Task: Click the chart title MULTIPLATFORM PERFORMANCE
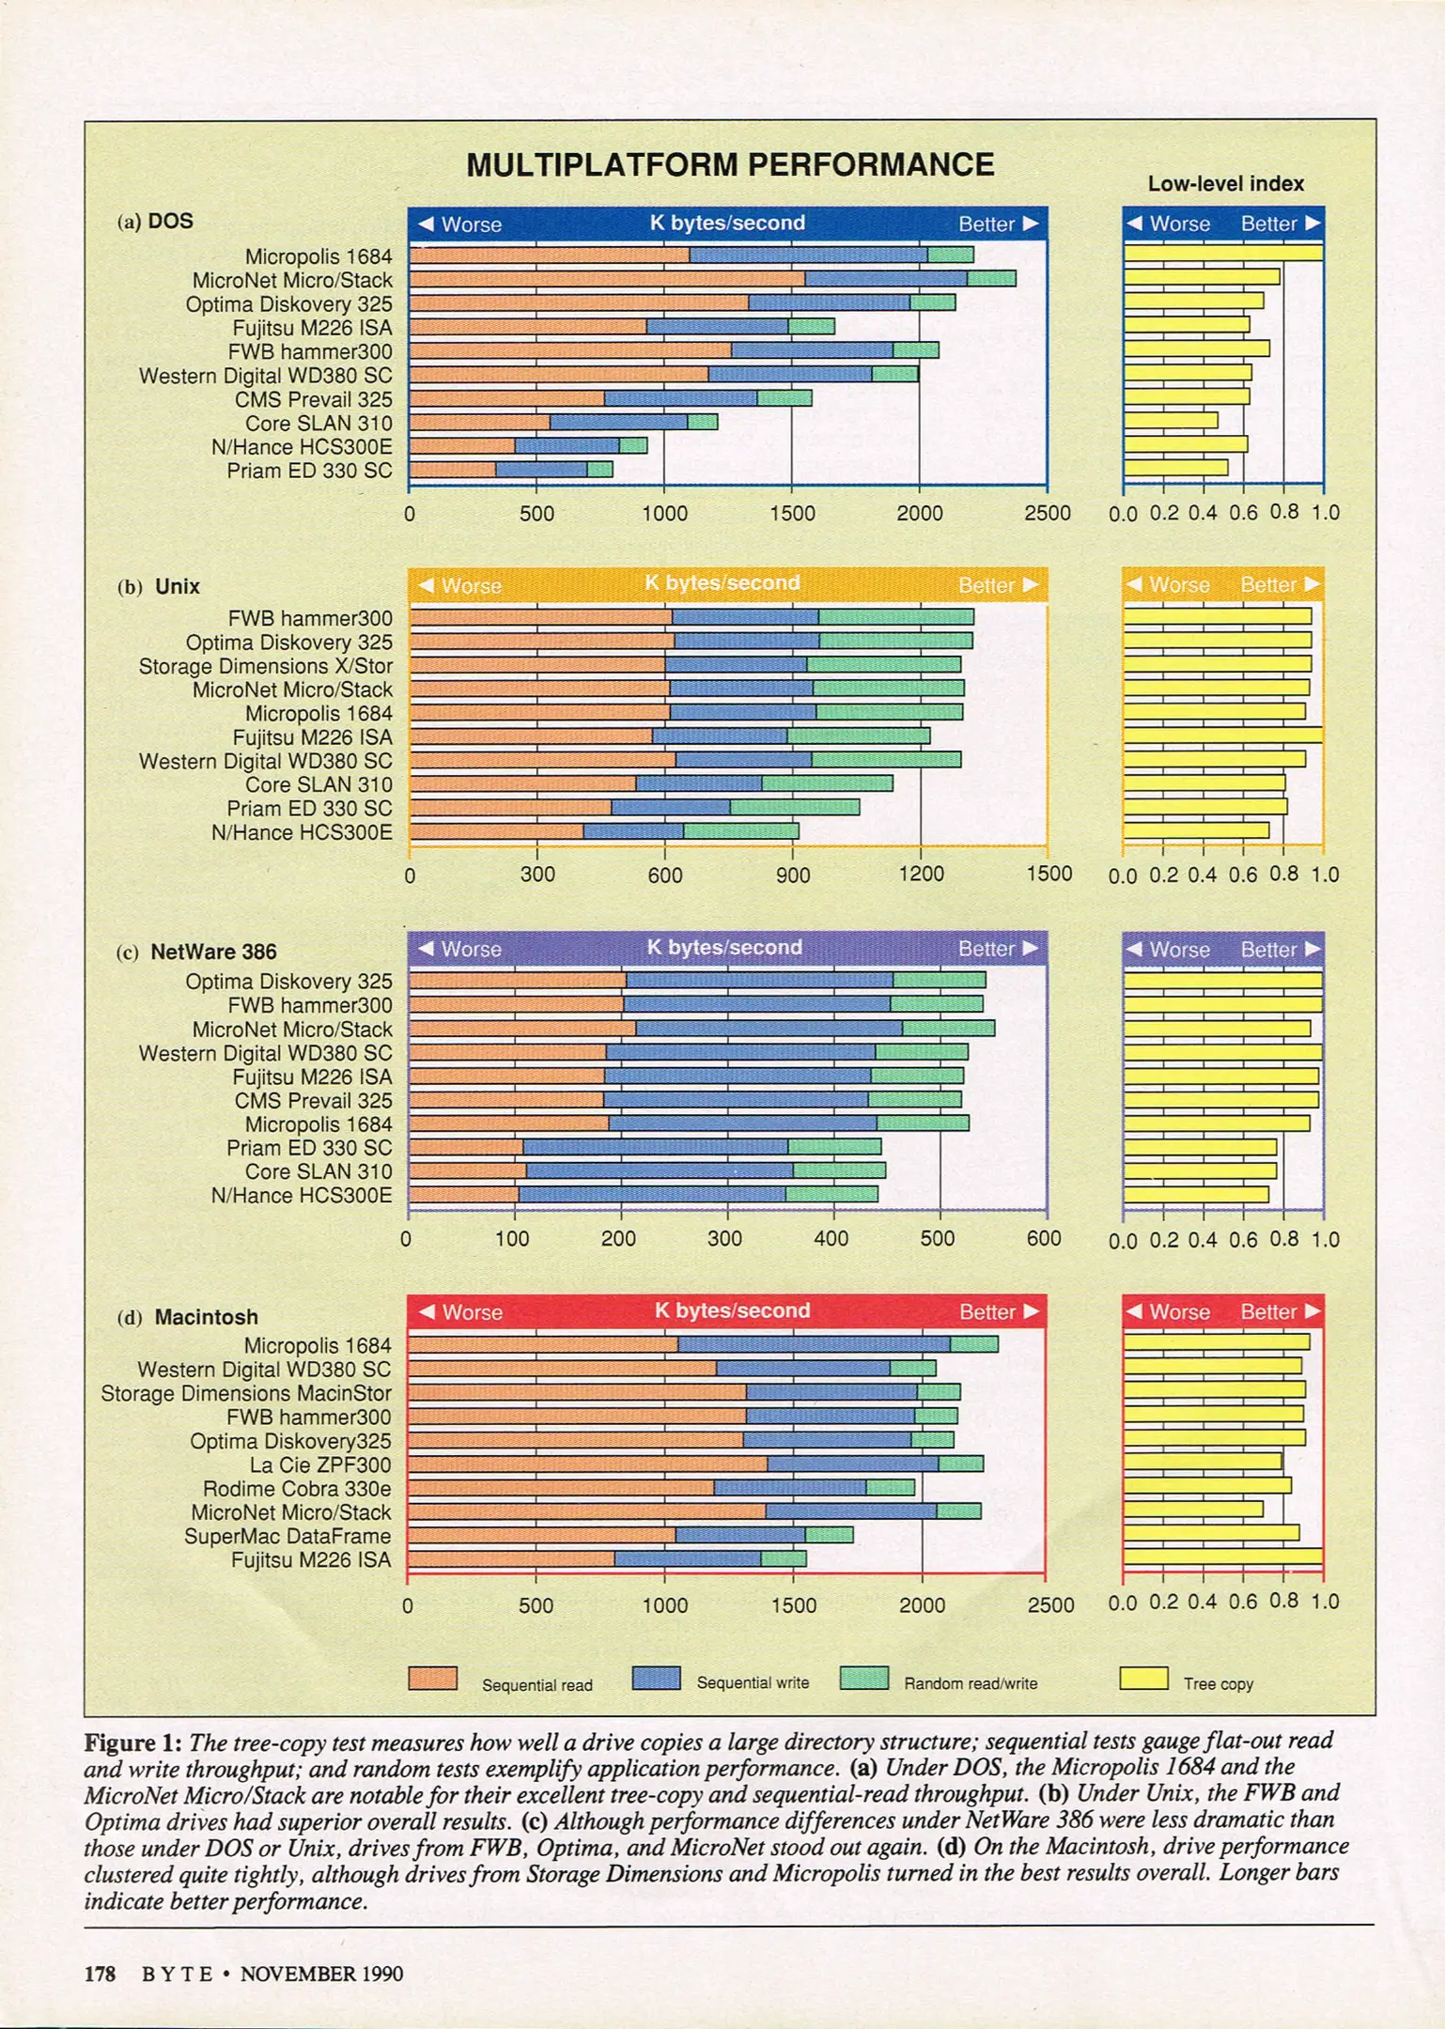click(730, 165)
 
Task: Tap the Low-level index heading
click(1225, 184)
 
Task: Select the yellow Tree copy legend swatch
click(1143, 1678)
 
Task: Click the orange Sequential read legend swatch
click(433, 1679)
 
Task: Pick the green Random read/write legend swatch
click(864, 1678)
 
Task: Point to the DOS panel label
click(170, 221)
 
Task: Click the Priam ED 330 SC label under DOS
click(309, 471)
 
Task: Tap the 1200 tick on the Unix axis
click(921, 874)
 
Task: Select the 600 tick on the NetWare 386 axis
click(1044, 1238)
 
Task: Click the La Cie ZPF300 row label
click(319, 1464)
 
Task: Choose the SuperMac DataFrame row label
click(287, 1536)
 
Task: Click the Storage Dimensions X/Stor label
click(265, 666)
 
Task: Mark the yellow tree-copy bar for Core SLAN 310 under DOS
click(1171, 420)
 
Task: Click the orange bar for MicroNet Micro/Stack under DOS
click(607, 279)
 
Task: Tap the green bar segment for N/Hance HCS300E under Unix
click(740, 830)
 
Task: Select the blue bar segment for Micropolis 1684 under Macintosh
click(814, 1344)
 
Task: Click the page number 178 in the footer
click(100, 1974)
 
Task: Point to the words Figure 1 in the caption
click(132, 1742)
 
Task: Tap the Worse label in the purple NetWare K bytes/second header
click(459, 950)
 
